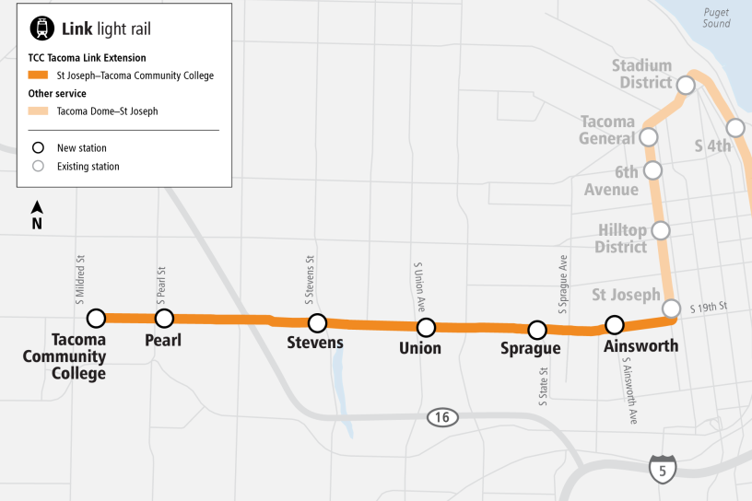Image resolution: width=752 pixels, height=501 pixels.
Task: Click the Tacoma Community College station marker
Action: (95, 319)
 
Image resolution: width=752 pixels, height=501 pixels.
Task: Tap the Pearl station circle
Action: (164, 319)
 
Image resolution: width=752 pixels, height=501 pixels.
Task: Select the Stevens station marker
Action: (317, 323)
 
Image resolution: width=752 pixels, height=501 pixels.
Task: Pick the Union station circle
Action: (426, 327)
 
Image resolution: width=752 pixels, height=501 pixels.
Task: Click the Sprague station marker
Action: (536, 330)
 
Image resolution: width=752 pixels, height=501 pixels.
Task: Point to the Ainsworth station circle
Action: (615, 324)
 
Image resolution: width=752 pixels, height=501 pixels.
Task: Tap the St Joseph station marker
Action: (672, 308)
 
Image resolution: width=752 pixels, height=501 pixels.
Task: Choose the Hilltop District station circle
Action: (661, 230)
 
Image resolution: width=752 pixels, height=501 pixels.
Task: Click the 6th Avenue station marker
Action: (653, 170)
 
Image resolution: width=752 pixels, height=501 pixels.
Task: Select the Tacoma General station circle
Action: (649, 137)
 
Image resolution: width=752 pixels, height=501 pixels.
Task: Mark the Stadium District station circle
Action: (686, 86)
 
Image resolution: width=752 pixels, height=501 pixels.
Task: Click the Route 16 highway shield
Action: (442, 418)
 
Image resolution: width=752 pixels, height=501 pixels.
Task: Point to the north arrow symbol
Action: (37, 215)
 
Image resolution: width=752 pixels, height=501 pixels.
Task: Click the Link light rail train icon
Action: (41, 29)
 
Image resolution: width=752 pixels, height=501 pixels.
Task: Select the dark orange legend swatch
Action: (37, 76)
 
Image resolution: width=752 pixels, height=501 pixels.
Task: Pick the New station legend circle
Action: (38, 147)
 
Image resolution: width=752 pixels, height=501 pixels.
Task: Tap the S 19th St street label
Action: (710, 307)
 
